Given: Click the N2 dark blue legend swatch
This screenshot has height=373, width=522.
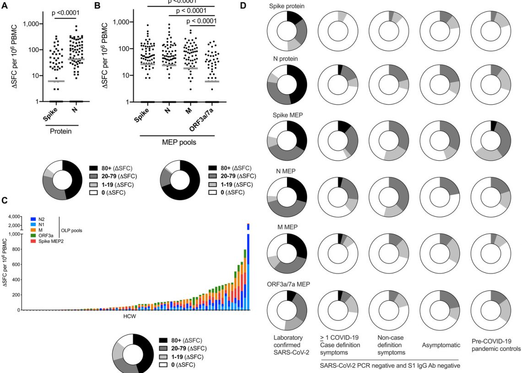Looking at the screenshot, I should [x=28, y=219].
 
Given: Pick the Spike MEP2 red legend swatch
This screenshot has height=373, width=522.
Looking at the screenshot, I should [x=28, y=241].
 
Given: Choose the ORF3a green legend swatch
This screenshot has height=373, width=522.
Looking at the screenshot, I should [x=28, y=236].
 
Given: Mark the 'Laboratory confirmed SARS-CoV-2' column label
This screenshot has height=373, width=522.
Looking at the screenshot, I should [x=287, y=345].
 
